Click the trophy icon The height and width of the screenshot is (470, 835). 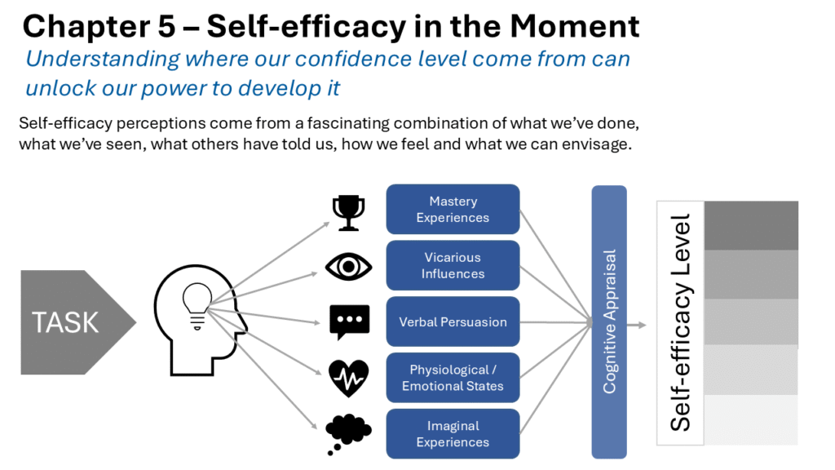[x=349, y=213]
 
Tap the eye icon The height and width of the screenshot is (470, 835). [x=349, y=267]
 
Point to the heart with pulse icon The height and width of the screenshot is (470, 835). [x=349, y=379]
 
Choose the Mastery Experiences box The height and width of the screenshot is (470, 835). [x=453, y=210]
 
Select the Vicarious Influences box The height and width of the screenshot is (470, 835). [x=453, y=265]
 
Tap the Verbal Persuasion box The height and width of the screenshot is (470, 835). [x=453, y=321]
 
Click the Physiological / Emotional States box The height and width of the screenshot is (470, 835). [x=453, y=378]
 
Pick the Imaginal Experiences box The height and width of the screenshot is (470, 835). [x=453, y=434]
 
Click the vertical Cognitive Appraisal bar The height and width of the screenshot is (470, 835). [x=609, y=321]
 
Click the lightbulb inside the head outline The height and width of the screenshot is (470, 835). [x=197, y=306]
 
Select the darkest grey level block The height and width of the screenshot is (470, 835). [x=751, y=225]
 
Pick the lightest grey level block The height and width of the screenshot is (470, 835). [x=751, y=420]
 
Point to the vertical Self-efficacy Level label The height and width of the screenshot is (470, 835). [x=681, y=323]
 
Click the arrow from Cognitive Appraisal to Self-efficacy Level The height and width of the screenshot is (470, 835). [x=636, y=325]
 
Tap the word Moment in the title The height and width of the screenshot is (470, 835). [x=575, y=26]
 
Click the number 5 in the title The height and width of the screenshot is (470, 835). [x=166, y=27]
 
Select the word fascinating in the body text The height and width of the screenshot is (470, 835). [x=349, y=124]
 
